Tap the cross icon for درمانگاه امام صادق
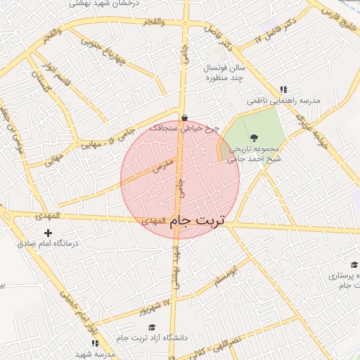click(48, 233)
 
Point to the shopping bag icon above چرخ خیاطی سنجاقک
click(184, 118)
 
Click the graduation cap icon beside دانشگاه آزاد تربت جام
click(151, 327)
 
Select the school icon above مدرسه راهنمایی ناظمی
click(283, 90)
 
